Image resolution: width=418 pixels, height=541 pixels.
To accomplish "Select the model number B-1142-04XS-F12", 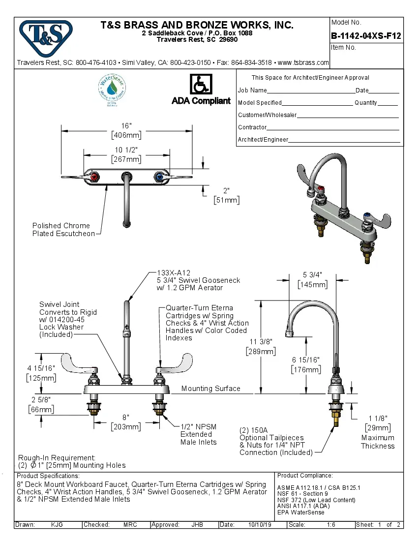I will [366, 36].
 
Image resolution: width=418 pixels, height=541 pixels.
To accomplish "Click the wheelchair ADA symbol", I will [201, 85].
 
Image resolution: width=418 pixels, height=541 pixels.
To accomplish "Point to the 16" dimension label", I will [126, 125].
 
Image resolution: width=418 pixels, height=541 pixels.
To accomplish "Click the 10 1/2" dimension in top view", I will [126, 150].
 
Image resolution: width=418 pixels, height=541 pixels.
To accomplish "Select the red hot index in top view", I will [93, 177].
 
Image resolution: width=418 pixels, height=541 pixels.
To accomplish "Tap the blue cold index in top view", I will [159, 177].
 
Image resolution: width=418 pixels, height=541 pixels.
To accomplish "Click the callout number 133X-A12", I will [174, 272].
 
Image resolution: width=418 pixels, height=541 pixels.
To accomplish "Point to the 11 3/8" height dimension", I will [261, 341].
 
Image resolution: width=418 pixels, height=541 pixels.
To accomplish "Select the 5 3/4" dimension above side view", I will [312, 274].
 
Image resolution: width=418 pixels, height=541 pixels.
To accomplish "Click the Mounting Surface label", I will [210, 389].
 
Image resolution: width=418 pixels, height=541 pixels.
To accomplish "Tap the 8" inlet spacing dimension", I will [126, 417].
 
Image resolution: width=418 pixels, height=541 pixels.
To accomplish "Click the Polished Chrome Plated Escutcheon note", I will [63, 230].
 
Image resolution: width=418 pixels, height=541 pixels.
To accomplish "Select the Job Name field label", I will [252, 90].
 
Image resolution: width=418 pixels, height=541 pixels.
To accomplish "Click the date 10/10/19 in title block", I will [260, 525].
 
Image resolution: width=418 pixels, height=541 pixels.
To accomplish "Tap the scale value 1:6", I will [331, 525].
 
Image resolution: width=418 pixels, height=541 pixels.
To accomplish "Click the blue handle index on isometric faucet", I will [367, 216].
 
